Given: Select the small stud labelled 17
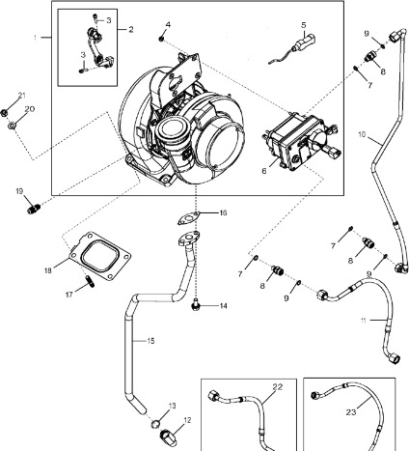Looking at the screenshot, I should click(x=89, y=281).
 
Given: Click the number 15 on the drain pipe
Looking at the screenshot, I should click(x=150, y=341).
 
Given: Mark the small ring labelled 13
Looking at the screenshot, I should click(x=154, y=422).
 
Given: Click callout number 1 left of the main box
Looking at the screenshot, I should click(x=36, y=37).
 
